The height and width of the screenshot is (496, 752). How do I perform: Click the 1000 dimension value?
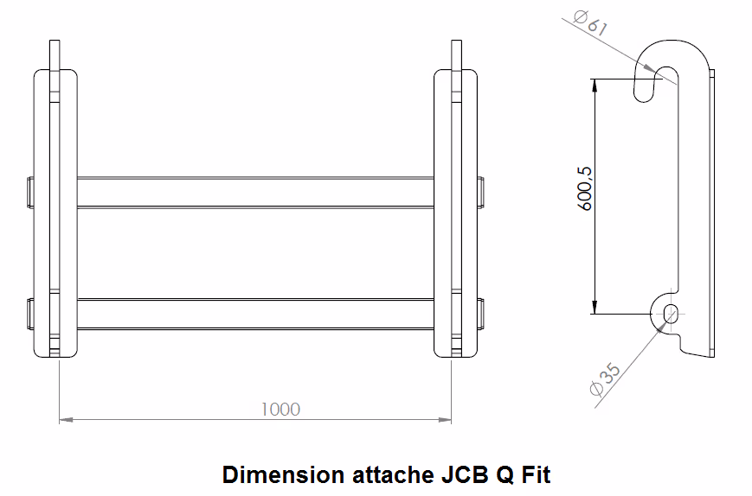(x=280, y=410)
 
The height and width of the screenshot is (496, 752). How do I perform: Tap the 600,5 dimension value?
(x=585, y=188)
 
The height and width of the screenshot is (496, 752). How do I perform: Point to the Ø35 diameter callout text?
(x=605, y=379)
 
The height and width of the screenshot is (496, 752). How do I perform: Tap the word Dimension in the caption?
(x=283, y=475)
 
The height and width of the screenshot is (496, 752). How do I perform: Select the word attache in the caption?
(x=393, y=475)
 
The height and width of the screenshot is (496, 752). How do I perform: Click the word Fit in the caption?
(x=536, y=475)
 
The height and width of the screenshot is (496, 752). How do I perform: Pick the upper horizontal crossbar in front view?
(x=255, y=193)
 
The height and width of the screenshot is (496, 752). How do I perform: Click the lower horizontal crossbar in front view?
(x=255, y=314)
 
